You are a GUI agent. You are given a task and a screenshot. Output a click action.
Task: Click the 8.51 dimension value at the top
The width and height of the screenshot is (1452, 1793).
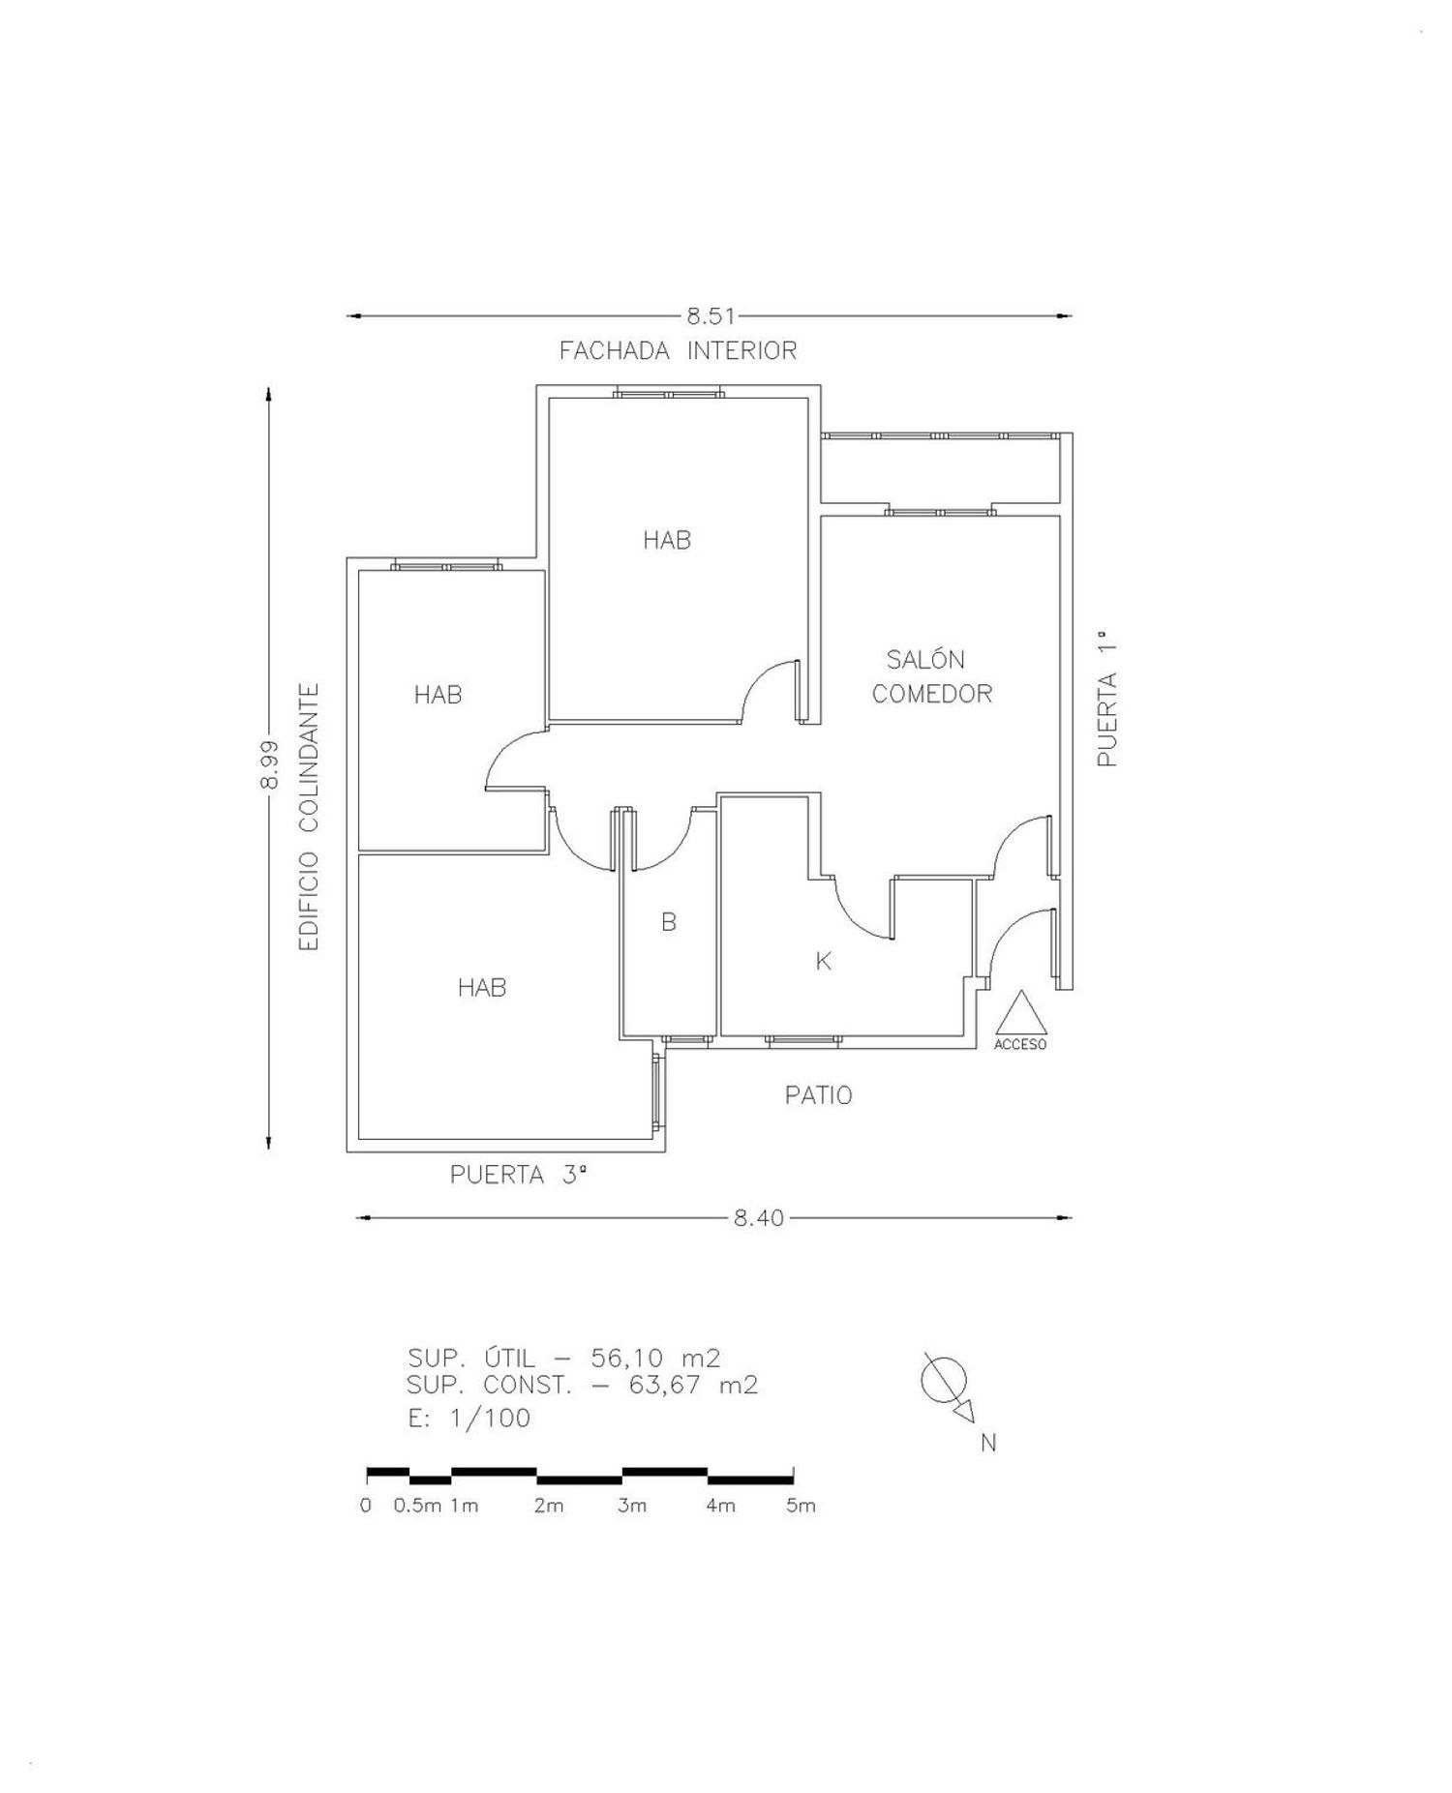711,315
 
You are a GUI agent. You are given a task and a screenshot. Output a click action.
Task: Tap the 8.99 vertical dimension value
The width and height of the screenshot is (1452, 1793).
269,764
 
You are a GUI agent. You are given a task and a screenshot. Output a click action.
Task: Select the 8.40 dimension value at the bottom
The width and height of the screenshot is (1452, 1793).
758,1218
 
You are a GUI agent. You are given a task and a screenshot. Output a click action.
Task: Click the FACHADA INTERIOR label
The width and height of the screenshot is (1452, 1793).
678,350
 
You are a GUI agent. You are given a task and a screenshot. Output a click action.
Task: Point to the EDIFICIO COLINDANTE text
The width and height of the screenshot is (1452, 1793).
309,818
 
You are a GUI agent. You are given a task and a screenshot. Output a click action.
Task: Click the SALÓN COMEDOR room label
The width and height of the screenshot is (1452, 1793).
931,676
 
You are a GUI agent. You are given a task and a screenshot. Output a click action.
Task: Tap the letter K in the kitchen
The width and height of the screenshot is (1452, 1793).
824,961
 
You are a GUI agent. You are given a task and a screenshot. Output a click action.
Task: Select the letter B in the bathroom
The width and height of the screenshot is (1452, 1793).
669,922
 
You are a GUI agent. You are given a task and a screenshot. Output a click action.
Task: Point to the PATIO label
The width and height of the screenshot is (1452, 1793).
818,1095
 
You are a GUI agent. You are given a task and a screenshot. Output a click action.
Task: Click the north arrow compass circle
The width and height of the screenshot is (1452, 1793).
943,1379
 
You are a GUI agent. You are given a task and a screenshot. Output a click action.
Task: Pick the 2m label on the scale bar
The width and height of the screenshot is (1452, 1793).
549,1506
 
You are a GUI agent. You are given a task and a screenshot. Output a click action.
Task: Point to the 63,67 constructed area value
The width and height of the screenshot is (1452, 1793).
664,1386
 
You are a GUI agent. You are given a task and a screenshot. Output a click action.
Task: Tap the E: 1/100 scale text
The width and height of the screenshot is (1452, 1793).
469,1418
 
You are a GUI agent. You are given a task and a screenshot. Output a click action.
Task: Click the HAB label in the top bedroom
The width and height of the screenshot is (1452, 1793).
667,540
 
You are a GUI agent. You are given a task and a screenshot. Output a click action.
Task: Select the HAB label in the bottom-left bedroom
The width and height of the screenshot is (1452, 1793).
482,987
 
